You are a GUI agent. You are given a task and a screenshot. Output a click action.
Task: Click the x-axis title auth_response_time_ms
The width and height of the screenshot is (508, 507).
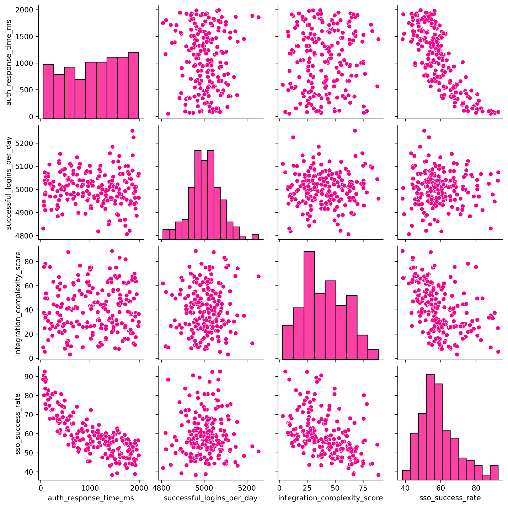(x=91, y=498)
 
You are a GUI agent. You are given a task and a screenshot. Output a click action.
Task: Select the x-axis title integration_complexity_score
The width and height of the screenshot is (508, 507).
(x=330, y=498)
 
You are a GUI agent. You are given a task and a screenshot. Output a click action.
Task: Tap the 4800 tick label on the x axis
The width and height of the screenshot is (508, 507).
(x=162, y=488)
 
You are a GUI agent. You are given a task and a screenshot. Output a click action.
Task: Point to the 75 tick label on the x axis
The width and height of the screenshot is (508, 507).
(x=363, y=488)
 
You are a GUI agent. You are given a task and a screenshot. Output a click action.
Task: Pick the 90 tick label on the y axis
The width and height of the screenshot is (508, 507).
(x=29, y=376)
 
